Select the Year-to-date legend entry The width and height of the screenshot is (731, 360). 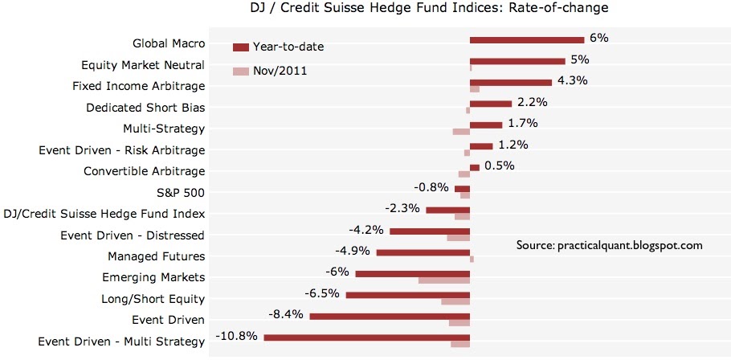click(x=289, y=47)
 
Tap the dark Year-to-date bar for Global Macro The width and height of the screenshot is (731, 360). click(x=526, y=39)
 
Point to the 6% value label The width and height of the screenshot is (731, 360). click(x=598, y=38)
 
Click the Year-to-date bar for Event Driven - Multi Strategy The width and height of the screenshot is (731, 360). click(x=366, y=337)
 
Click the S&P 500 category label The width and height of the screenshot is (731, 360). click(x=182, y=193)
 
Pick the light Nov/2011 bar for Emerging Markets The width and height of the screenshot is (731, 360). click(x=443, y=280)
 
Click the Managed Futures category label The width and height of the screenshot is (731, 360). click(x=157, y=256)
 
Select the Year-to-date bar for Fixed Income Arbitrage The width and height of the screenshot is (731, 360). click(x=510, y=82)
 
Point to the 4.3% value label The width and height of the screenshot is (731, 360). click(x=573, y=80)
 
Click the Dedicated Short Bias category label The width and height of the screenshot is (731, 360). click(x=145, y=107)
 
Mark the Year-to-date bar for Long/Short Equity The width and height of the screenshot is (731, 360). click(x=407, y=295)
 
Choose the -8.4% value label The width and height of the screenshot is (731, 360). click(x=287, y=314)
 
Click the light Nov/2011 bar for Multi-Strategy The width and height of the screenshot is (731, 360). click(x=461, y=132)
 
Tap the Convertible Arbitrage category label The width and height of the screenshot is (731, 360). click(x=145, y=171)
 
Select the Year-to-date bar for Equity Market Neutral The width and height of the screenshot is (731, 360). click(x=517, y=60)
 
